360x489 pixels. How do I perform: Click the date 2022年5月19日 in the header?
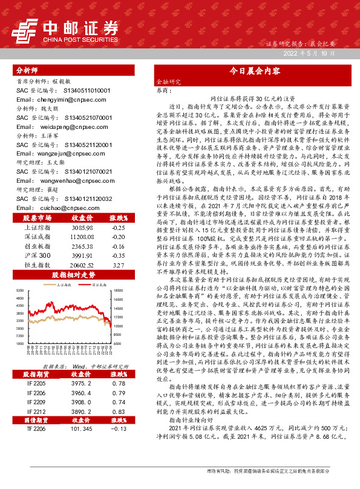(x=309, y=54)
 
